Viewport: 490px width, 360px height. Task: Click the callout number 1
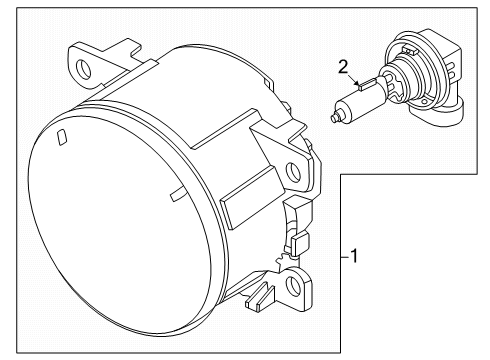click(354, 256)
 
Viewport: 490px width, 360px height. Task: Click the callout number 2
click(343, 67)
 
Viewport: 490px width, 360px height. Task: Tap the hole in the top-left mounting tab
click(83, 69)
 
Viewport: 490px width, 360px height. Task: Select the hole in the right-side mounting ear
click(293, 171)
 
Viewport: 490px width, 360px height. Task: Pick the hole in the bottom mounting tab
click(293, 283)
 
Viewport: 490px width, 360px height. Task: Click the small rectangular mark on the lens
click(62, 138)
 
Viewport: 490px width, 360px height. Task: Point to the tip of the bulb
click(333, 117)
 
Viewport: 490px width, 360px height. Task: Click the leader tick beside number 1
click(345, 257)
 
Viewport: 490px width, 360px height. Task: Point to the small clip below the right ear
click(301, 244)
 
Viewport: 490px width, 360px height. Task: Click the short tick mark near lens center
click(178, 195)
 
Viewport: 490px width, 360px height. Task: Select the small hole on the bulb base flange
click(424, 102)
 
